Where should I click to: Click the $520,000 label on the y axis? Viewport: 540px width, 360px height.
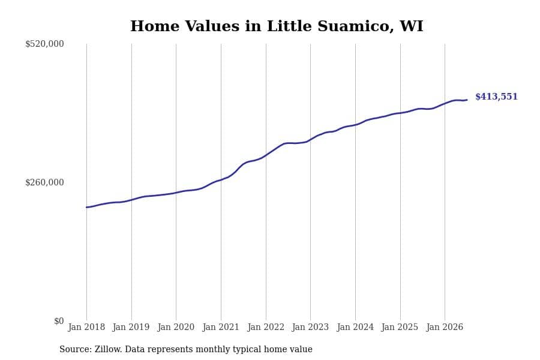point(44,44)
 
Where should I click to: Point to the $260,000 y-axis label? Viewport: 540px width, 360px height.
point(44,182)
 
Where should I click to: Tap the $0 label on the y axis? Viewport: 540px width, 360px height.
point(59,321)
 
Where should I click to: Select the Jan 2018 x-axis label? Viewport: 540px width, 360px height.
point(86,327)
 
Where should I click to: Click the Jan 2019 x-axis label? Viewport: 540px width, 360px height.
point(131,327)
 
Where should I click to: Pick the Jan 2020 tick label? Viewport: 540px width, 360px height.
point(176,327)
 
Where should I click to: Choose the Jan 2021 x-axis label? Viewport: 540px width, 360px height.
point(221,327)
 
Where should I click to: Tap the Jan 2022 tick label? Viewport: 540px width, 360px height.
point(266,327)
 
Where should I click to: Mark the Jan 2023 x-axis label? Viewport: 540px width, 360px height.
point(310,327)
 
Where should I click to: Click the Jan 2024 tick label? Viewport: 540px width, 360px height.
point(355,327)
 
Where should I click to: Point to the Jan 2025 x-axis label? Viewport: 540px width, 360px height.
point(400,327)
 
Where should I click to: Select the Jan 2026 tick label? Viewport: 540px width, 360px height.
point(445,327)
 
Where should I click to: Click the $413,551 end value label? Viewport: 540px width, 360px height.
point(496,97)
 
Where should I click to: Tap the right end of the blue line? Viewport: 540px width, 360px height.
point(467,100)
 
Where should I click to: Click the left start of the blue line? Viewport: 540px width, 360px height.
point(86,208)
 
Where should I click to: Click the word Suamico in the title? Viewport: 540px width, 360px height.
point(356,26)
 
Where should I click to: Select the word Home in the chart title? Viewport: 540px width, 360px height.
point(155,26)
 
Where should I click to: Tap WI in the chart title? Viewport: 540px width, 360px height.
point(411,26)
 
